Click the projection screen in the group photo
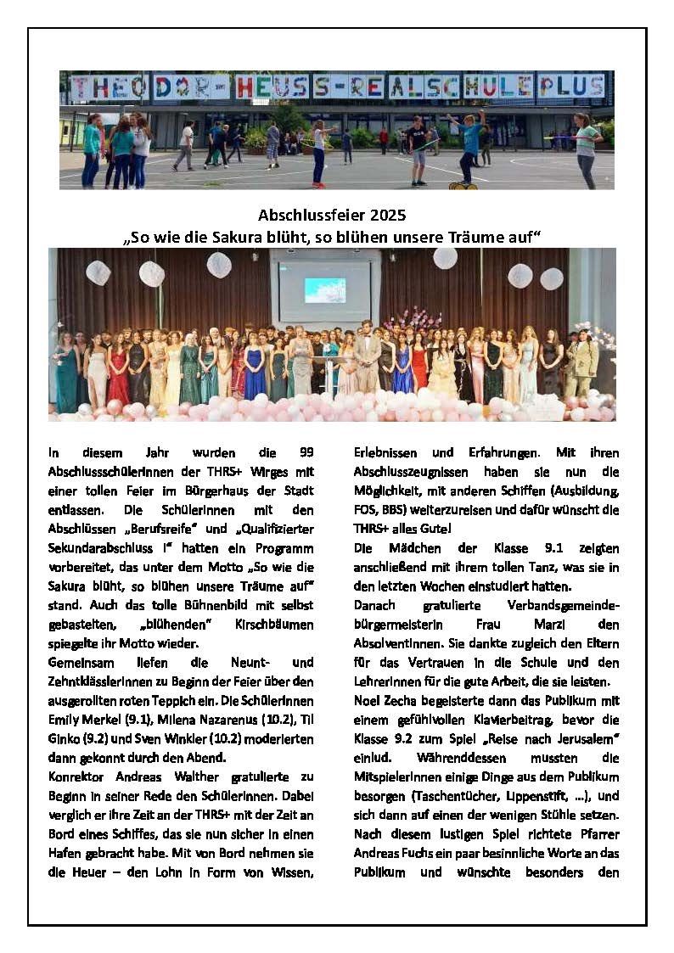325,290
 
